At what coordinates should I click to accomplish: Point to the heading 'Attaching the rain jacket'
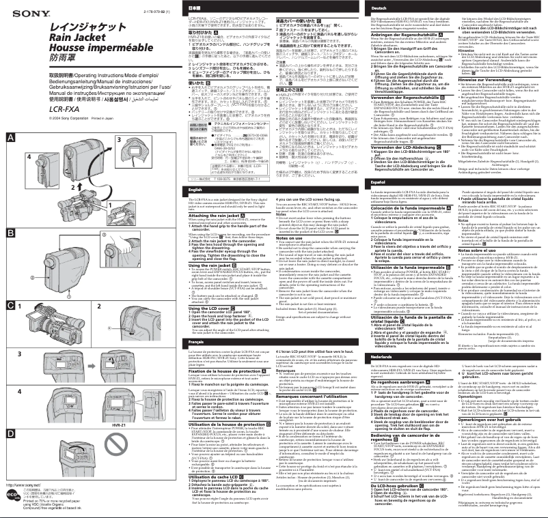pyautogui.click(x=219, y=214)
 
